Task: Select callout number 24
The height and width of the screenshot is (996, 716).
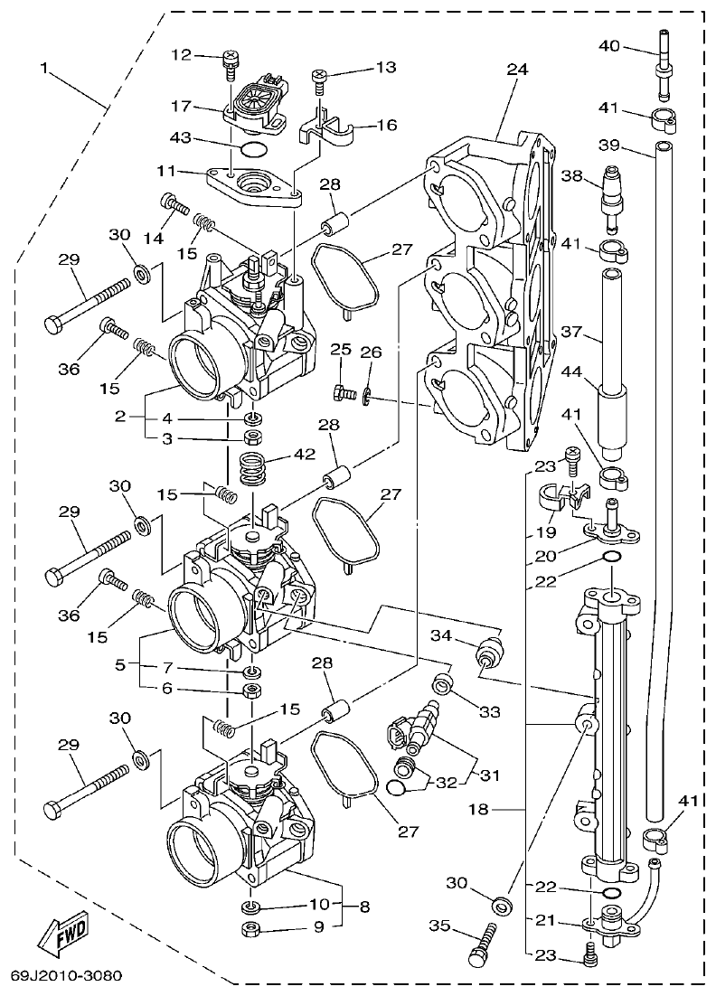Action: [517, 68]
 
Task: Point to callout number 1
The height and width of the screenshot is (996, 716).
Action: [45, 68]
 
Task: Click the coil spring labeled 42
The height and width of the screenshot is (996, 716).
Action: [255, 467]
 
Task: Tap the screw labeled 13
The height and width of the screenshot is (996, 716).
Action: [319, 81]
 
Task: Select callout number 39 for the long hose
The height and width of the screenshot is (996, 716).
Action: [610, 146]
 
